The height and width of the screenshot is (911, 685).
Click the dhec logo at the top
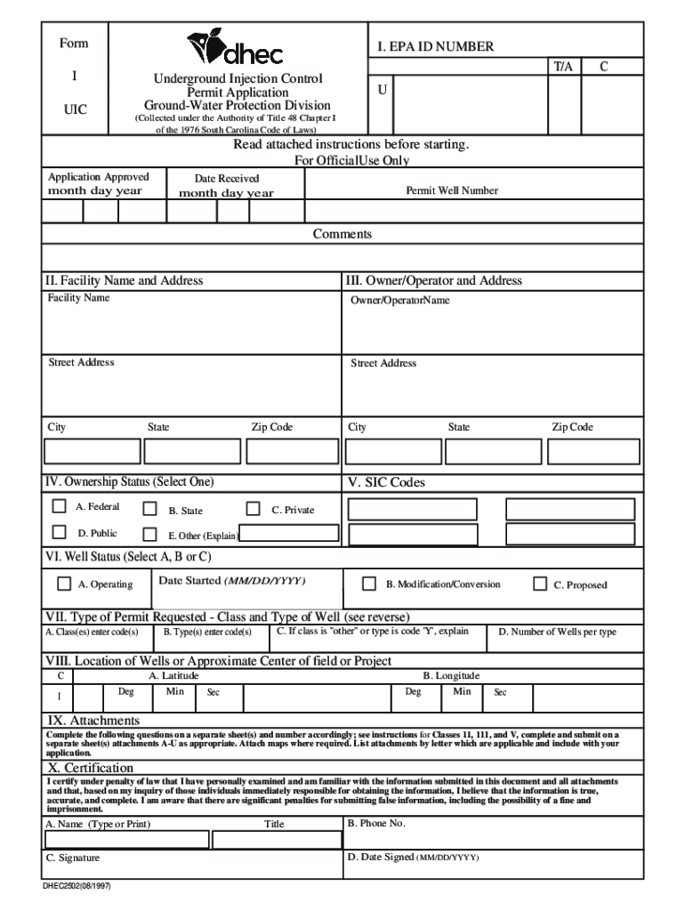234,49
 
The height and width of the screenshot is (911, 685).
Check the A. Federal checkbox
60,506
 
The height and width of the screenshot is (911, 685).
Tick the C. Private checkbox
253,508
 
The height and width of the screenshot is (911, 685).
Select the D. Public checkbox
60,533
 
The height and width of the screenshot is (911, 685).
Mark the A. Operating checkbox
64,584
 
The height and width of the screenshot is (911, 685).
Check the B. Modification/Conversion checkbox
368,584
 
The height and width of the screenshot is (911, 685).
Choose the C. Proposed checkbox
539,584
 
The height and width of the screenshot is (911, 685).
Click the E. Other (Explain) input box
288,534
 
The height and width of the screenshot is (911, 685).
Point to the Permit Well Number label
452,190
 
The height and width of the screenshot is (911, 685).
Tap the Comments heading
342,234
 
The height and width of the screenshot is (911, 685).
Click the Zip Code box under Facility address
292,452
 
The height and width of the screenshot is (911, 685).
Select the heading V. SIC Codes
386,482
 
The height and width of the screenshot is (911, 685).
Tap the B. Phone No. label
376,824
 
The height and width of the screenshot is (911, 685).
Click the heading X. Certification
91,767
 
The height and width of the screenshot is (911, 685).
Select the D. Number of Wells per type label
557,633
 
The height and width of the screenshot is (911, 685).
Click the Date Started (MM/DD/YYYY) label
231,580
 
